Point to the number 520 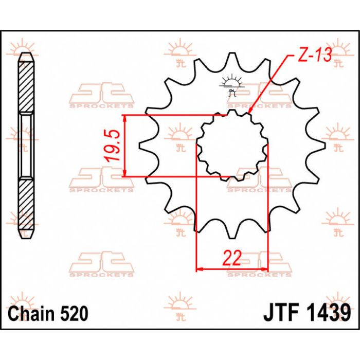[73, 313]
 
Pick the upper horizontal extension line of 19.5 [175, 115]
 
